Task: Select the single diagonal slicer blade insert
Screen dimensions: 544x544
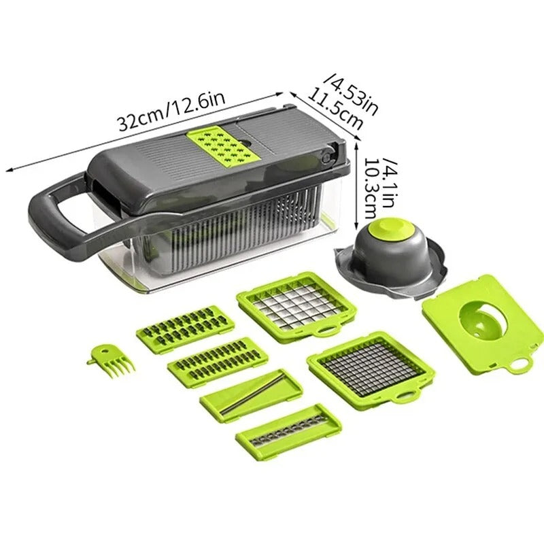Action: [x=251, y=394]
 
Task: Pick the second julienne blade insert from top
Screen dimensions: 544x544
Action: [x=218, y=360]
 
